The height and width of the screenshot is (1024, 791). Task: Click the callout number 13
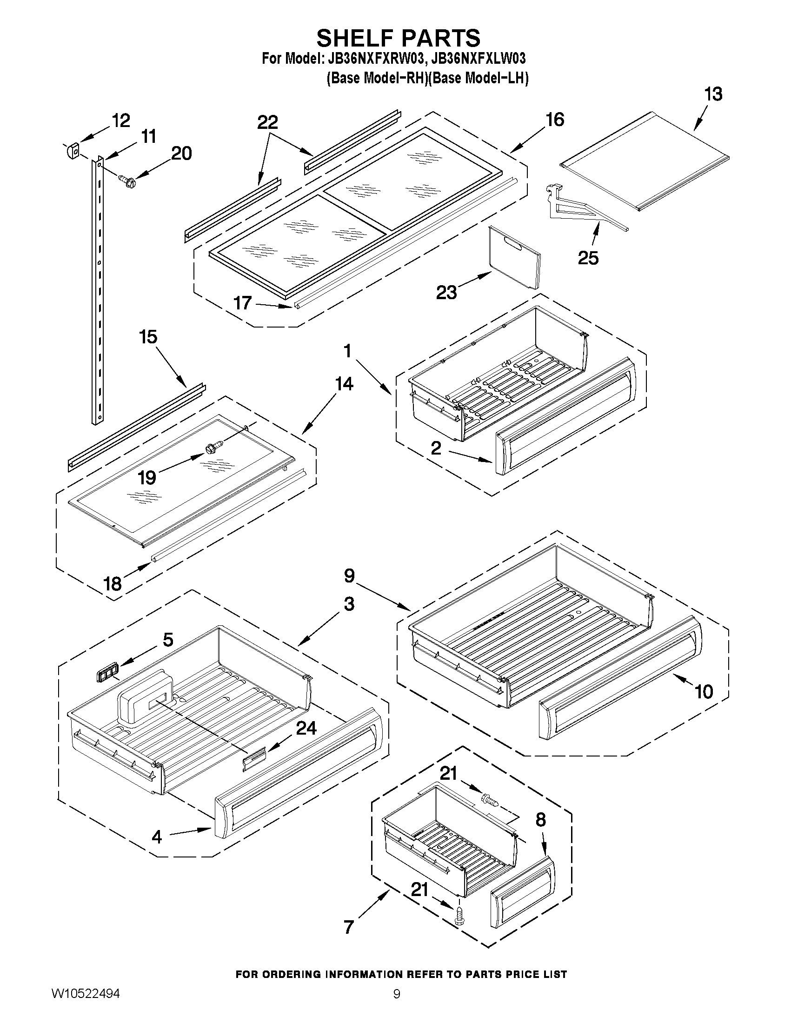(x=713, y=94)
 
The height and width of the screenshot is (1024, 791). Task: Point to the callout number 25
(x=588, y=258)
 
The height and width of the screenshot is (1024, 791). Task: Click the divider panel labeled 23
(x=514, y=257)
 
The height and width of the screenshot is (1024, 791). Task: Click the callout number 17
(x=243, y=303)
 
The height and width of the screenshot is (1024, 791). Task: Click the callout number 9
(x=349, y=576)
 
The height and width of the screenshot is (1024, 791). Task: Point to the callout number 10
(x=704, y=691)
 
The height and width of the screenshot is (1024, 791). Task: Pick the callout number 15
(x=148, y=337)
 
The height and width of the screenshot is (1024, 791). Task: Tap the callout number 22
(x=267, y=122)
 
